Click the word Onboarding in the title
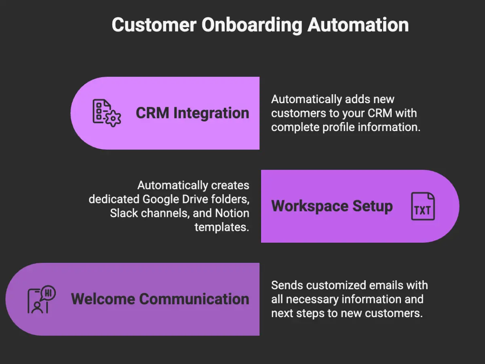(x=251, y=25)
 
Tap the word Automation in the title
(x=358, y=25)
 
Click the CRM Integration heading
(x=192, y=113)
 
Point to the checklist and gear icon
(x=106, y=113)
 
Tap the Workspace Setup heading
(x=332, y=206)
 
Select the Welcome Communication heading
(x=160, y=299)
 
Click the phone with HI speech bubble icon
(x=41, y=300)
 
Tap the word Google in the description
(x=163, y=199)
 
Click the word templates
(x=221, y=226)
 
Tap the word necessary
(x=314, y=299)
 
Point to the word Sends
(x=287, y=285)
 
